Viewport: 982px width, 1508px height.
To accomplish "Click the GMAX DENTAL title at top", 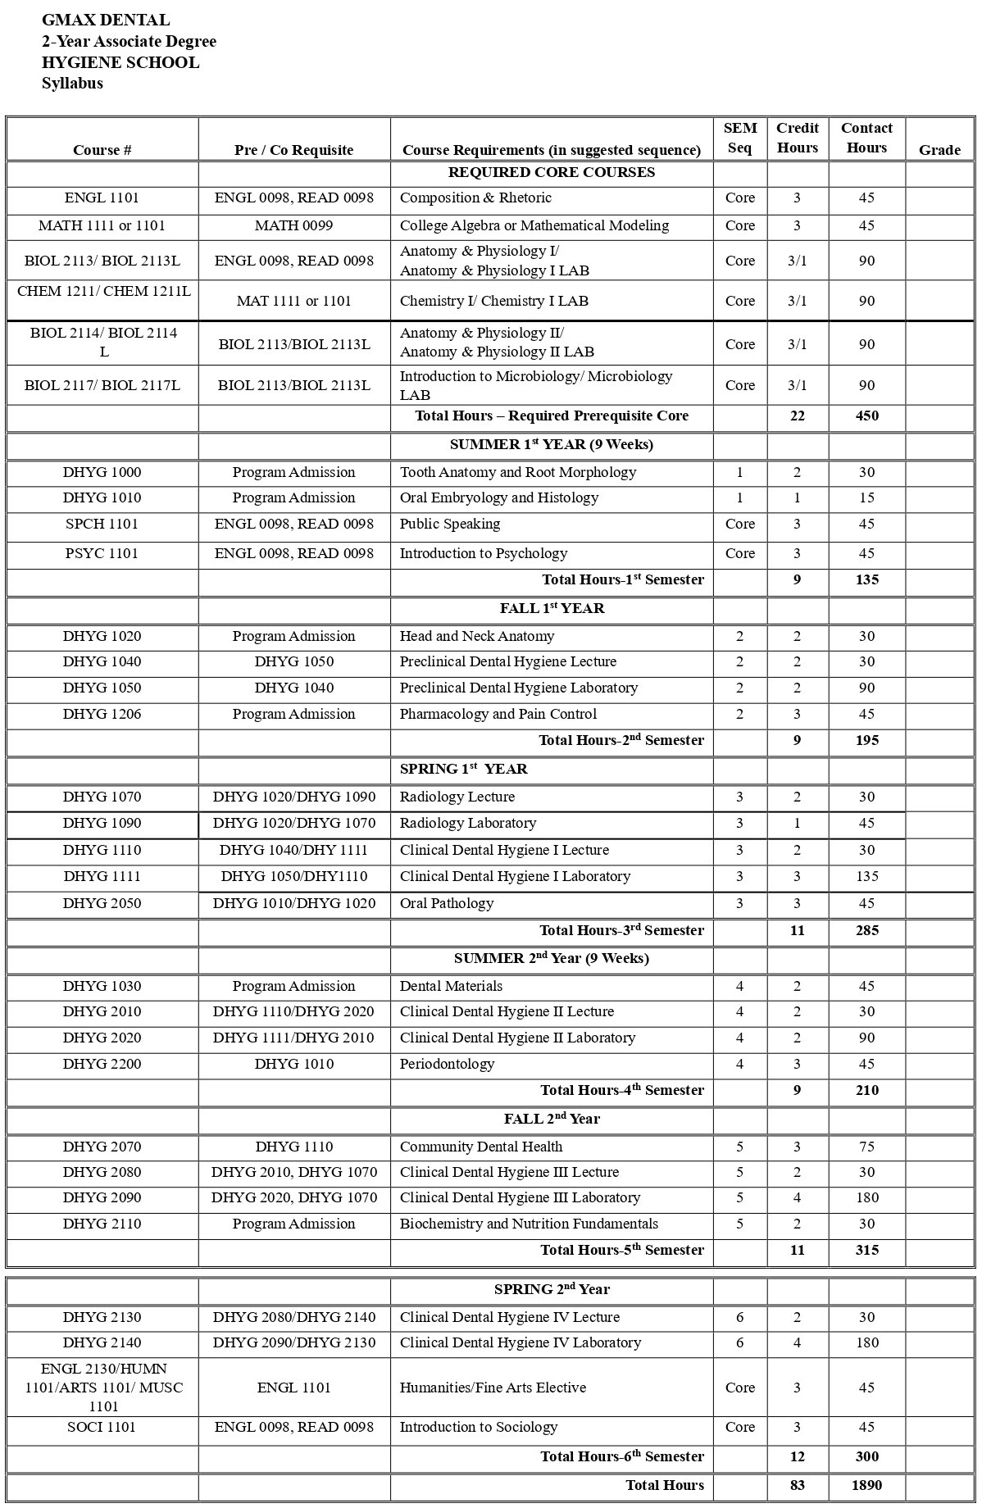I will pos(106,20).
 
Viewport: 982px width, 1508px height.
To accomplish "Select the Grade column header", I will pos(939,149).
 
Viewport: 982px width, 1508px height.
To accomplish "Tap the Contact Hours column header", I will pos(866,138).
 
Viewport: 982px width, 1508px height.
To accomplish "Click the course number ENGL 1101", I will pos(102,198).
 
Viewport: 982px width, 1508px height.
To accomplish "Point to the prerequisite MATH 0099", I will pos(293,225).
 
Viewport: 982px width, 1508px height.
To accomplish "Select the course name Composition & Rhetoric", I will pos(475,198).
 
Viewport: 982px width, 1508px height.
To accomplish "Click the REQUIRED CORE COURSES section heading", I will pos(551,172).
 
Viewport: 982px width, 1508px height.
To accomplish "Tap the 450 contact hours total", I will pos(866,416).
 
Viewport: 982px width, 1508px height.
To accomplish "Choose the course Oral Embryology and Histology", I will pos(498,497).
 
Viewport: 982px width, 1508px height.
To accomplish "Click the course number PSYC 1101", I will pos(102,553).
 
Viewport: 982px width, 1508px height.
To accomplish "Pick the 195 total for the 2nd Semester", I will pos(866,740).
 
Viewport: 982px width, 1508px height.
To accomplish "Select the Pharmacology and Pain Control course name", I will pos(498,714).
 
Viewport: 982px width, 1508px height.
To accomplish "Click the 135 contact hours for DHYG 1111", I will pos(866,876).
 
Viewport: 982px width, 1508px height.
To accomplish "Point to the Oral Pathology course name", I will pos(447,903).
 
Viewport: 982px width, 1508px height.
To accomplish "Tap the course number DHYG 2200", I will pos(102,1064).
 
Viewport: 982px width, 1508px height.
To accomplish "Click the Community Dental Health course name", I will pos(480,1147).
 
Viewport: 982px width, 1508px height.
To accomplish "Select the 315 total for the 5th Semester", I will pos(866,1250).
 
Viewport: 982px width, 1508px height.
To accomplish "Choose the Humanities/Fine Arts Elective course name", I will pos(493,1388).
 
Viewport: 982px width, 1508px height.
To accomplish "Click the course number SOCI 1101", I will pos(102,1427).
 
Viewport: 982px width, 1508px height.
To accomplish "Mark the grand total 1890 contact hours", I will pos(866,1485).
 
